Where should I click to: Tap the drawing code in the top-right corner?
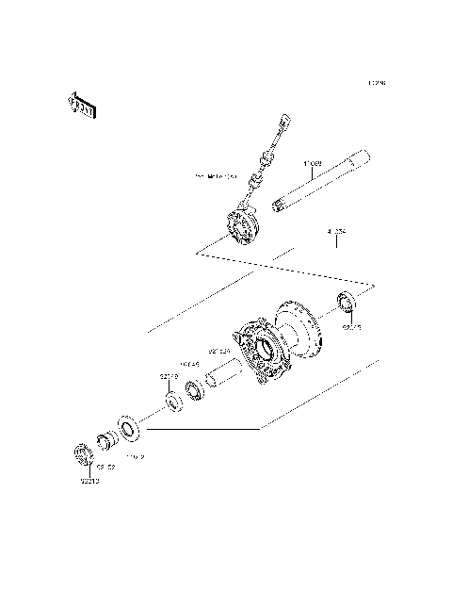377,83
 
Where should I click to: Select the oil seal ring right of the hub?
347,304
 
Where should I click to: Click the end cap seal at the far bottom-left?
83,455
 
